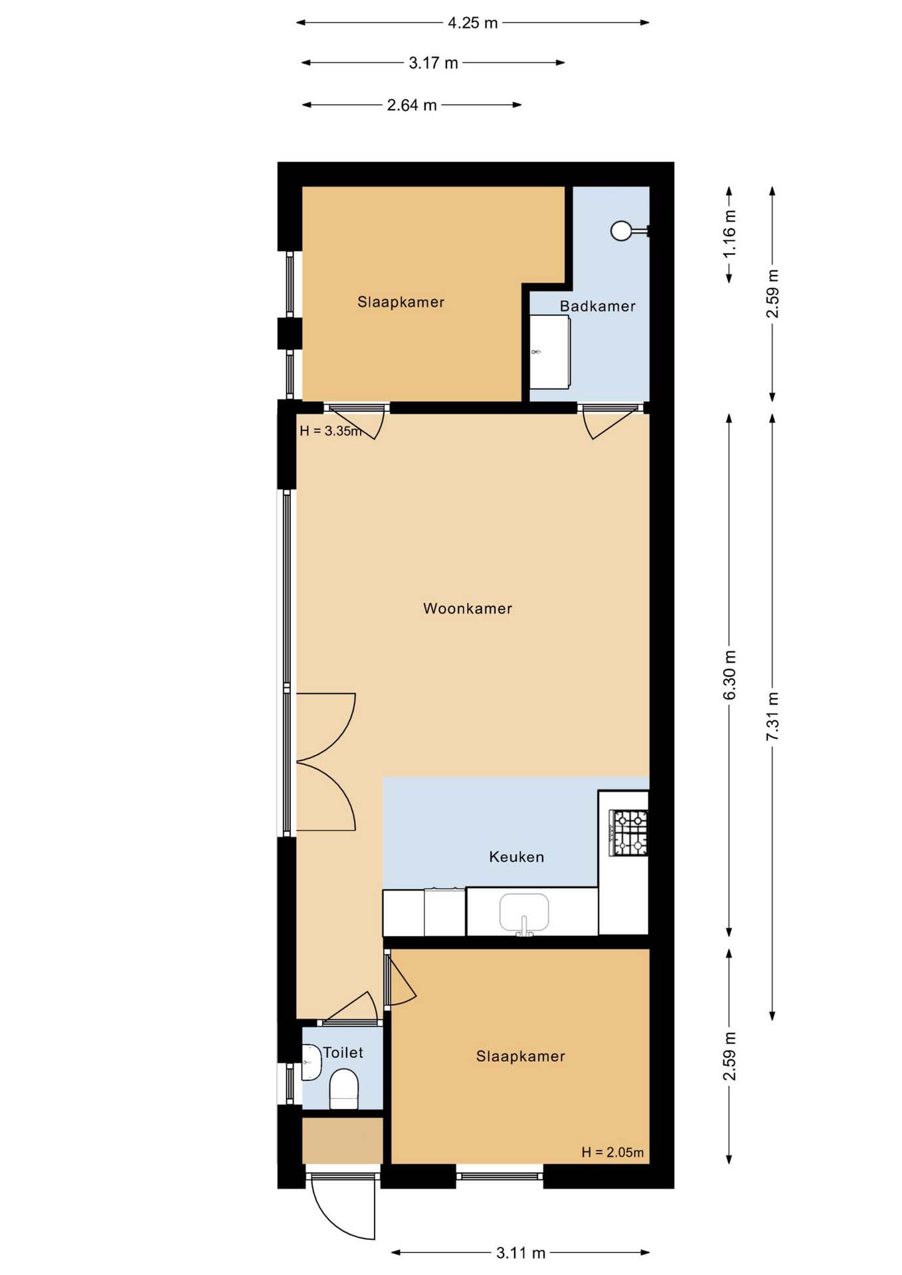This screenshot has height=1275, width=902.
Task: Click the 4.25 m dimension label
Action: pos(472,23)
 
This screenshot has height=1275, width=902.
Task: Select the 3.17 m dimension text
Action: pos(433,63)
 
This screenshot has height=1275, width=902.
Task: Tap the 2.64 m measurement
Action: pos(412,105)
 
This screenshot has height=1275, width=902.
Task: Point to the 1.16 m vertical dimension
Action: pos(729,234)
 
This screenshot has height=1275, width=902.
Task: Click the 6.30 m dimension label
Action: pos(729,675)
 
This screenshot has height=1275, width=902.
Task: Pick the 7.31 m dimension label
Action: pos(772,717)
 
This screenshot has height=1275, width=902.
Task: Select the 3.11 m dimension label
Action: pos(521,1253)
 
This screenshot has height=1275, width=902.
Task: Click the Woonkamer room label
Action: pos(468,608)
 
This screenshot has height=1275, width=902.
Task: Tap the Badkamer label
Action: pos(597,306)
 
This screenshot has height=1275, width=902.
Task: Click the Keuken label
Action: pos(517,857)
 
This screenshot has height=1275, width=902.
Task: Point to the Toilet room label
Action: pos(343,1053)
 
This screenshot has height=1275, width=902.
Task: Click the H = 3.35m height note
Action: pos(331,431)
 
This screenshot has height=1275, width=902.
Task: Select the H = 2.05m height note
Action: pos(612,1152)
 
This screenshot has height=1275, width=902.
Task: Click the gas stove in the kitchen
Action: pos(628,833)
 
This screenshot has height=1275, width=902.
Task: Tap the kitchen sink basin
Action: pos(524,912)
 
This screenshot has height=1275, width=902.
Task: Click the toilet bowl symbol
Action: pos(344,1088)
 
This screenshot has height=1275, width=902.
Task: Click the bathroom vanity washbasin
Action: pos(549,352)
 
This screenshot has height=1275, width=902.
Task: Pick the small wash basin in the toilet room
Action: pos(311,1062)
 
